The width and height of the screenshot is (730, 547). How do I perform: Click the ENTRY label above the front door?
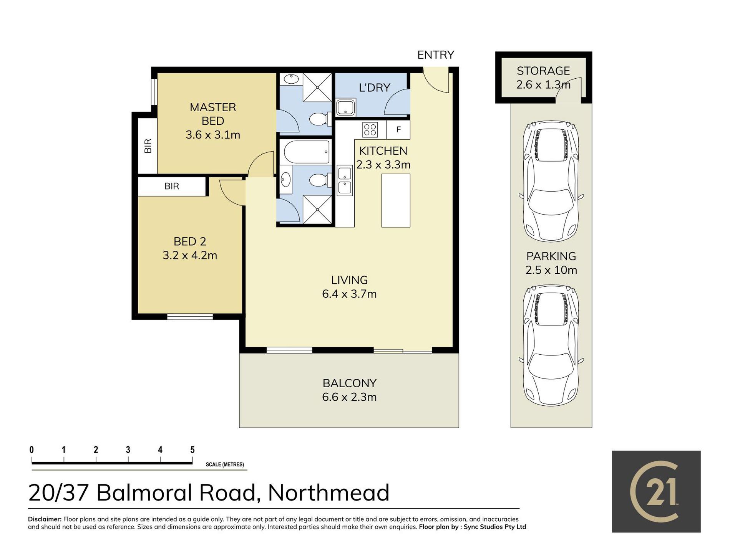436,55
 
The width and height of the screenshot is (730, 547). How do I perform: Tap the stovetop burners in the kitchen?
370,129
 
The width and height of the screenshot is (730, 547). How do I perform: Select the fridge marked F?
398,129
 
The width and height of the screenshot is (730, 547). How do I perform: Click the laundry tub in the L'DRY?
346,107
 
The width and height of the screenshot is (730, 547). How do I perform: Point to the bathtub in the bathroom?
306,152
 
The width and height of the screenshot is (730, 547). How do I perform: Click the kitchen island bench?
396,200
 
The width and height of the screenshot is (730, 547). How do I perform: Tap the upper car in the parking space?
551,181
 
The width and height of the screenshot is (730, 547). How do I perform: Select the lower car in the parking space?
551,345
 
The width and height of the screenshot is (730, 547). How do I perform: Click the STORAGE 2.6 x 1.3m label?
543,78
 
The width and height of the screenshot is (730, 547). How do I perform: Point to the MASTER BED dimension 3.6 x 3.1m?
213,135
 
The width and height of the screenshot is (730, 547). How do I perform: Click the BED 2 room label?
190,241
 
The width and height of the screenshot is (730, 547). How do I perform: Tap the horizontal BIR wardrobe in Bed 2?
172,186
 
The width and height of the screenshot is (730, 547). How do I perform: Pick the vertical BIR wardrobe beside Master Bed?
148,146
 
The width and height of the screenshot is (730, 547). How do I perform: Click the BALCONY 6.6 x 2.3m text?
349,390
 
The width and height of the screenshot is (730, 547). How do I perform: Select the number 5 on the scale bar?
192,449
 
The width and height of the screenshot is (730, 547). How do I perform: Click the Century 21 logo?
656,491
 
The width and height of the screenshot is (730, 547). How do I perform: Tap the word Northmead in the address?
329,493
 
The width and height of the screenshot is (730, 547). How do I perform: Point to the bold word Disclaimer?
45,519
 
